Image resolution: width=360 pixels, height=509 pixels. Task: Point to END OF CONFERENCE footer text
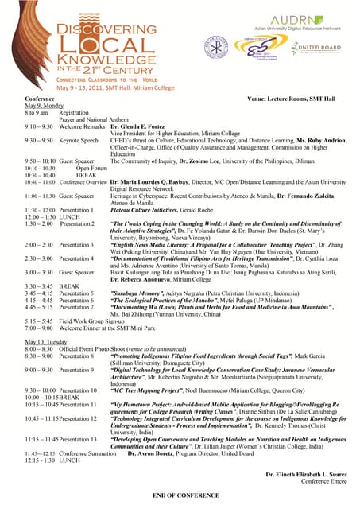click(180, 495)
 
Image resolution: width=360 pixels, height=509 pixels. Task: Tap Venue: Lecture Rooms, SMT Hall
click(293, 99)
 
